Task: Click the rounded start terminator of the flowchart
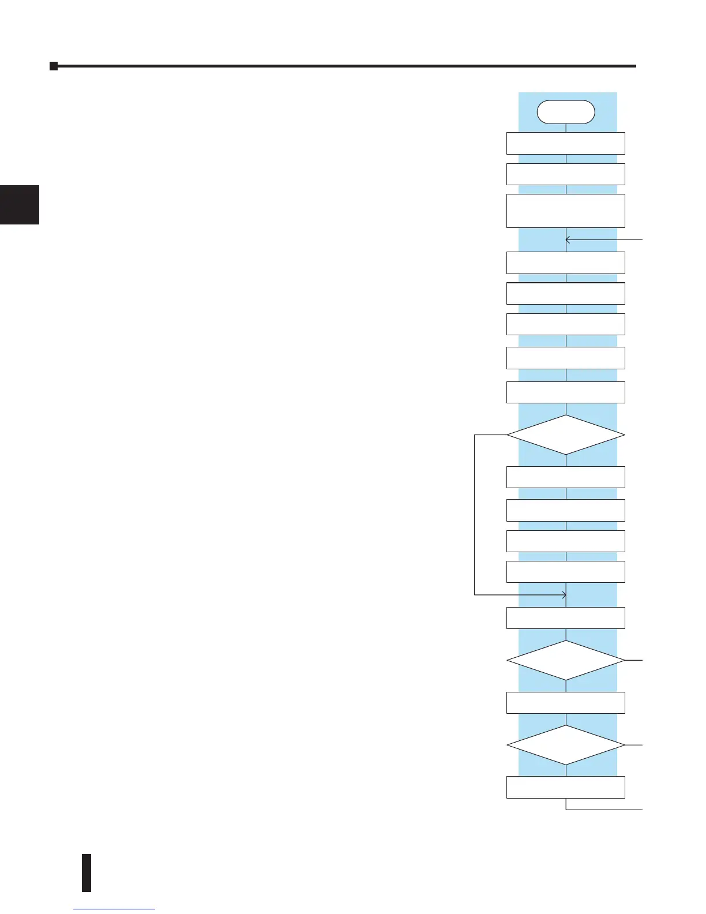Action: pos(565,112)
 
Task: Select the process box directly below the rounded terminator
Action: pos(565,143)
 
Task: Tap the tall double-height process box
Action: pos(565,211)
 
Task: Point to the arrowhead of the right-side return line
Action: pos(568,239)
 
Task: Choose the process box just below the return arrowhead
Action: pos(565,263)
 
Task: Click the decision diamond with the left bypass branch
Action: pos(565,434)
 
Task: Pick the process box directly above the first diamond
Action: pos(565,392)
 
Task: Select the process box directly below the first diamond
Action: pos(565,477)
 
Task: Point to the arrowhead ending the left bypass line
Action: pos(564,594)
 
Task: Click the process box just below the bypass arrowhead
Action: pos(565,617)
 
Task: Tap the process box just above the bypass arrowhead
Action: pos(565,572)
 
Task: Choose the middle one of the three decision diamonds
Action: pos(565,660)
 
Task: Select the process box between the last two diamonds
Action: pos(565,703)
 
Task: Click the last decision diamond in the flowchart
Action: pos(565,745)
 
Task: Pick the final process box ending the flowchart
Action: pos(565,788)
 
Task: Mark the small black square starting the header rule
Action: pos(54,66)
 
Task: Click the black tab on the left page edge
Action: pos(20,204)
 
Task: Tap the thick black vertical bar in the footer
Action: pos(87,872)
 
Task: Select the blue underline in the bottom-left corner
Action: pos(114,909)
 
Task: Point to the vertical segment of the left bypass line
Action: pos(474,514)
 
